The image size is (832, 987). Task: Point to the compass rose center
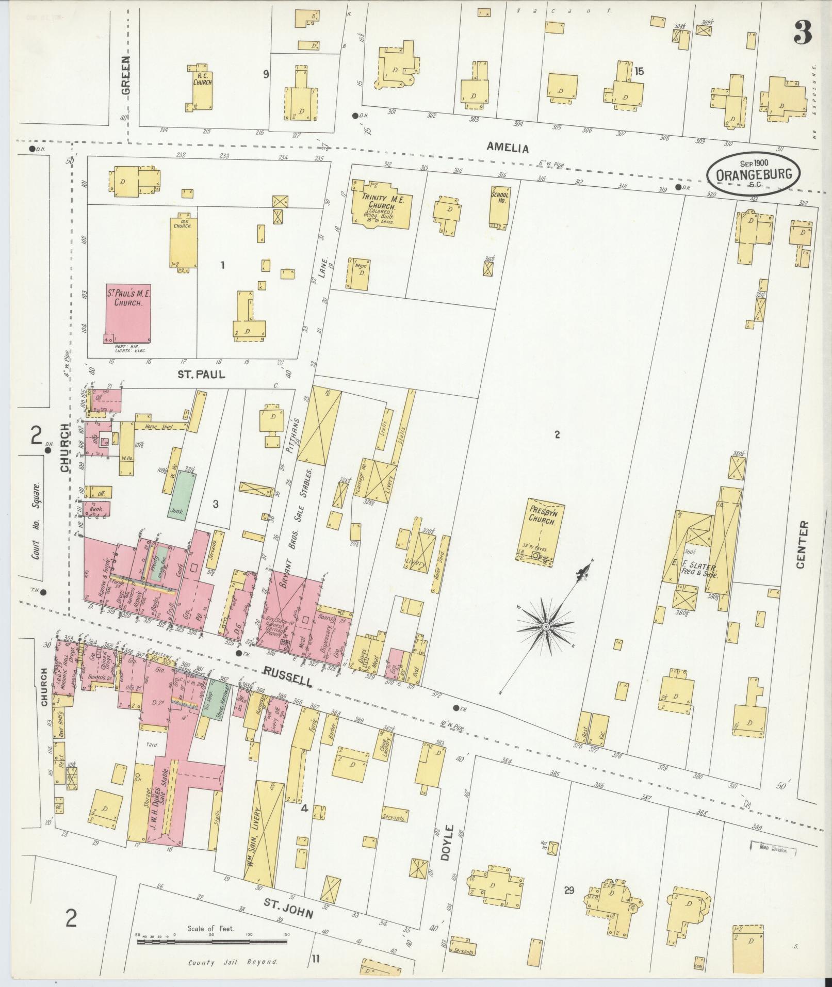coord(545,626)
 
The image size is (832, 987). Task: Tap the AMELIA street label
coord(508,149)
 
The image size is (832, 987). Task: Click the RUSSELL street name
coord(288,676)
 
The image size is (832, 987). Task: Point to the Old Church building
coord(183,242)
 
